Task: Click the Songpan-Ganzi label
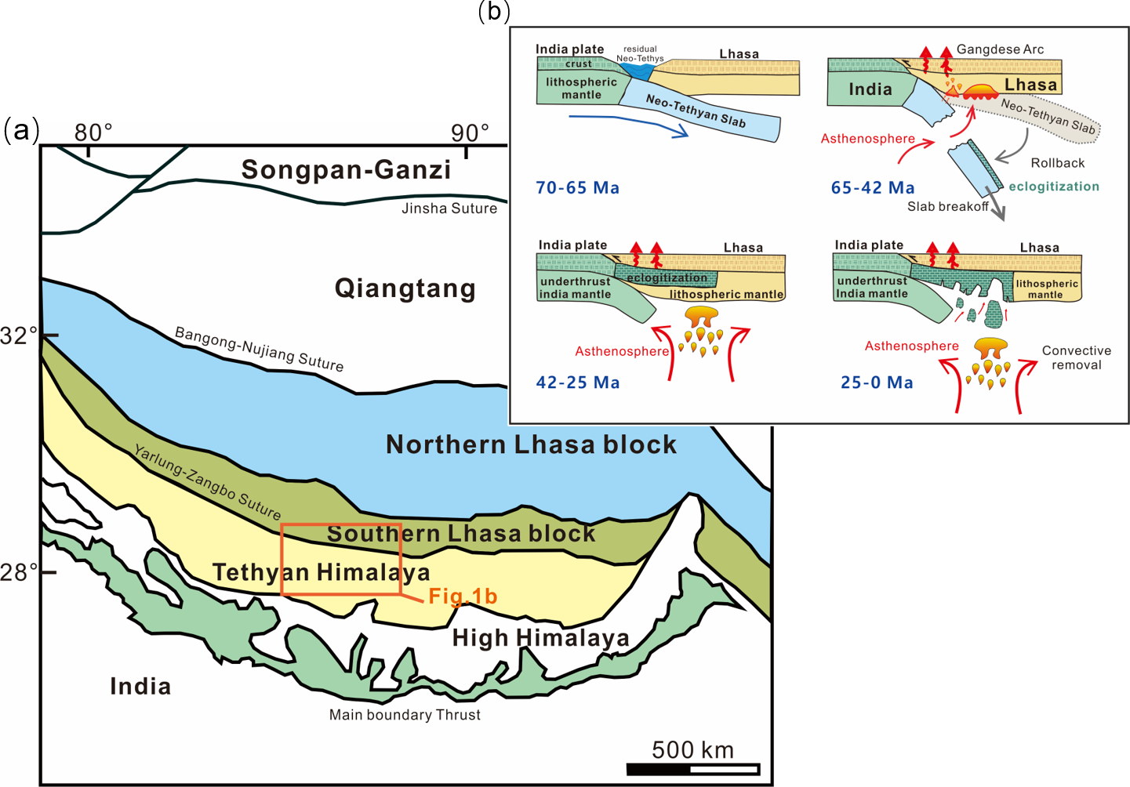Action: (346, 170)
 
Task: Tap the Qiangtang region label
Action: (405, 288)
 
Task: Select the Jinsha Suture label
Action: (449, 209)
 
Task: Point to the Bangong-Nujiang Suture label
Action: (259, 349)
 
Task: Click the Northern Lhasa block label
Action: (531, 444)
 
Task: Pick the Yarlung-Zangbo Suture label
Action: (207, 482)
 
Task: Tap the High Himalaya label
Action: (540, 638)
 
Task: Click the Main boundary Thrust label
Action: (405, 715)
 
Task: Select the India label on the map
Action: (140, 687)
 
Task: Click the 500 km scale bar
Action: (693, 768)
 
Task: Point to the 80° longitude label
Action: (93, 132)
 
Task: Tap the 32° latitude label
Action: (19, 336)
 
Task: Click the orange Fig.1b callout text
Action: (463, 597)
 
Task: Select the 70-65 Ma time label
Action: (577, 188)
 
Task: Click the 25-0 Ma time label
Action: (877, 383)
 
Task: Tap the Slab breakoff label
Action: (947, 207)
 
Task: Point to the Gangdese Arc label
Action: (1000, 49)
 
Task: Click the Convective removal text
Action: (1076, 357)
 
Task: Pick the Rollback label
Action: (1057, 163)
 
